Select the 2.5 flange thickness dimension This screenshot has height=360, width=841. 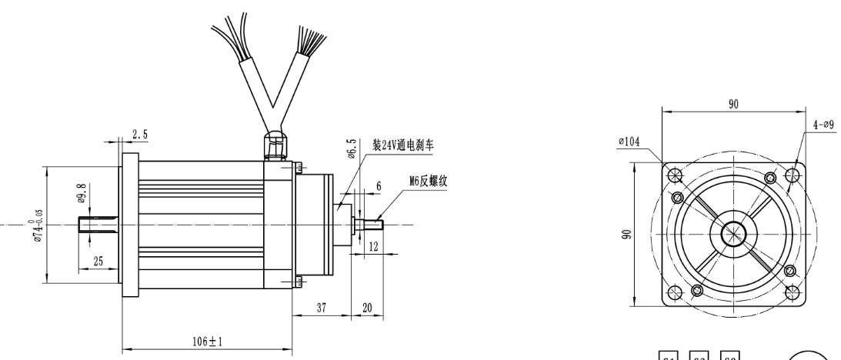click(x=140, y=135)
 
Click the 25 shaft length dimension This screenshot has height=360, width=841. click(x=98, y=262)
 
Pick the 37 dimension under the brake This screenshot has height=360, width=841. click(x=321, y=308)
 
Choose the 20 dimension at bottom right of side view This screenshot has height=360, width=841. click(x=367, y=308)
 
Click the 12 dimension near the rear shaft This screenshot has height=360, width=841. click(x=374, y=248)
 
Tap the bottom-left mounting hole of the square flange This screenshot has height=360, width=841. click(x=674, y=293)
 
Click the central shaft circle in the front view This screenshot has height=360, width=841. click(x=733, y=233)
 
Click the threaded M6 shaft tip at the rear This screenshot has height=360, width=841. click(x=377, y=224)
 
